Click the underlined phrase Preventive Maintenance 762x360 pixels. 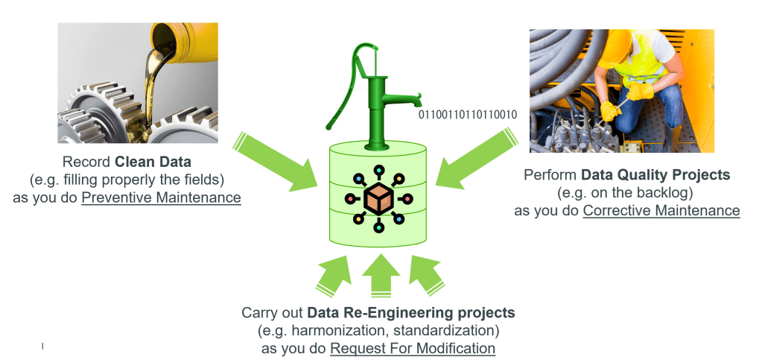(161, 198)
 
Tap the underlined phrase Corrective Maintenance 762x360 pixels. (661, 211)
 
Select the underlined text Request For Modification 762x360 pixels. (413, 347)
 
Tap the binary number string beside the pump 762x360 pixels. (468, 115)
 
